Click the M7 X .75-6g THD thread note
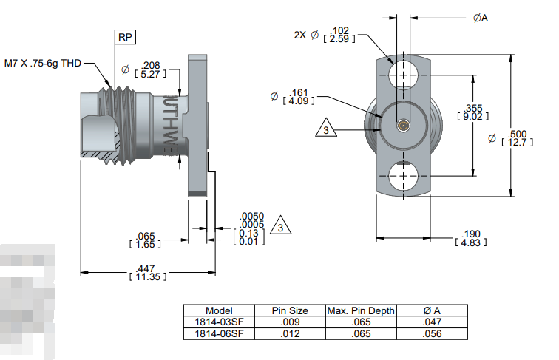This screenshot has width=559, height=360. [x=43, y=64]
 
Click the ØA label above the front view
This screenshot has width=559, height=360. [x=480, y=18]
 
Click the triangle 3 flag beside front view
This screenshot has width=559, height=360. [x=325, y=131]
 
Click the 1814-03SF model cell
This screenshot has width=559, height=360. [x=219, y=322]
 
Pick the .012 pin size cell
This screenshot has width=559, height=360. [x=290, y=333]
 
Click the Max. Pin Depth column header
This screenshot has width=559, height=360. [x=361, y=310]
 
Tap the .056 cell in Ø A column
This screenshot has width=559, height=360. [x=433, y=333]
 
